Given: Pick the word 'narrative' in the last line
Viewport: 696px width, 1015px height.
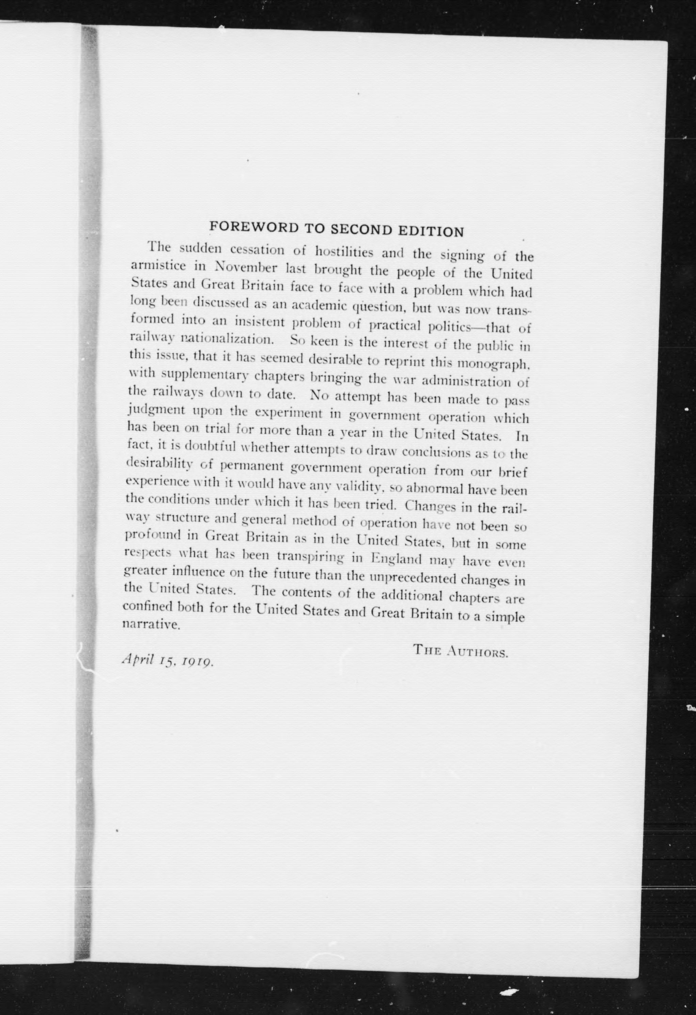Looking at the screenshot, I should tap(151, 624).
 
